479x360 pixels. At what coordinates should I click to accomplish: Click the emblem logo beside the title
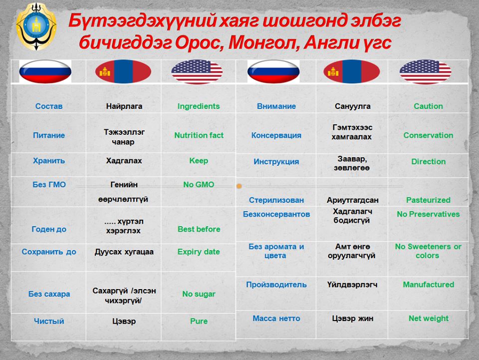pyautogui.click(x=36, y=26)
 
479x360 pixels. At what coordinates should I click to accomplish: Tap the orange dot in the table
pyautogui.click(x=239, y=186)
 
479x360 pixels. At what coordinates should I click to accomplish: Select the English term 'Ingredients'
pyautogui.click(x=199, y=106)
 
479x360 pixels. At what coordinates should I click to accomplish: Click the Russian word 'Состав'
pyautogui.click(x=49, y=106)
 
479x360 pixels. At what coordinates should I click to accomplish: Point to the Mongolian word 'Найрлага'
pyautogui.click(x=124, y=106)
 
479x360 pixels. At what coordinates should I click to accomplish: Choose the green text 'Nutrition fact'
pyautogui.click(x=199, y=135)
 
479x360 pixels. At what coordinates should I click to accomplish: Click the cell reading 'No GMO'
pyautogui.click(x=199, y=185)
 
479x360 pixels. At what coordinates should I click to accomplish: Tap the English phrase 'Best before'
pyautogui.click(x=199, y=229)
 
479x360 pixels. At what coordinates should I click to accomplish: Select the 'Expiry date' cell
pyautogui.click(x=199, y=252)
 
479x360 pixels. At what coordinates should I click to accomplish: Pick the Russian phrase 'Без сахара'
pyautogui.click(x=49, y=294)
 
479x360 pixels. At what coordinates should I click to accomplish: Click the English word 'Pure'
pyautogui.click(x=199, y=321)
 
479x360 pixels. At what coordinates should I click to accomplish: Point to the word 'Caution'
pyautogui.click(x=428, y=106)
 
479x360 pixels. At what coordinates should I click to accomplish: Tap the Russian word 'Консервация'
pyautogui.click(x=276, y=135)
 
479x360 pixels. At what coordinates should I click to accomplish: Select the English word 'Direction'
pyautogui.click(x=428, y=162)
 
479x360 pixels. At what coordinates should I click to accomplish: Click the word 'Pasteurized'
pyautogui.click(x=428, y=200)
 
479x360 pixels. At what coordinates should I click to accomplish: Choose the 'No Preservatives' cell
pyautogui.click(x=428, y=214)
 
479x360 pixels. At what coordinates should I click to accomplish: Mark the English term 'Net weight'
pyautogui.click(x=429, y=319)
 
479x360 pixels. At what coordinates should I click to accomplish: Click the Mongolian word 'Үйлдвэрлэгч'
pyautogui.click(x=352, y=285)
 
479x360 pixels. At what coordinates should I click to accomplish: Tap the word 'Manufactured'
pyautogui.click(x=429, y=285)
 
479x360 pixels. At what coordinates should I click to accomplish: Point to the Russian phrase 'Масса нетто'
pyautogui.click(x=276, y=319)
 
